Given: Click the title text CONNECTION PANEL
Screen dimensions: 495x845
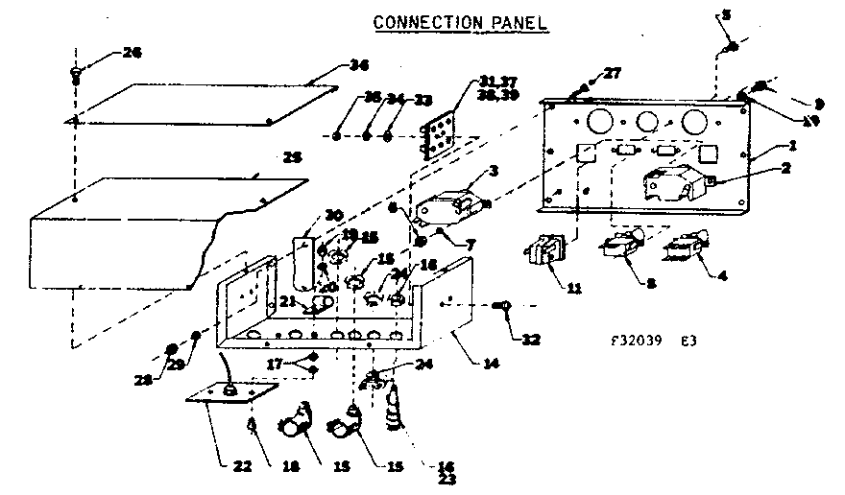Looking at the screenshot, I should click(x=460, y=21).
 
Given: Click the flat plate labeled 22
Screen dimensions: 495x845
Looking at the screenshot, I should click(x=229, y=398).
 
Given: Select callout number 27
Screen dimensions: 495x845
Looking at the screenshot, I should click(x=612, y=75).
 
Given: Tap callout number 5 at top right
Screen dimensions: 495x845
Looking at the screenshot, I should click(x=726, y=14).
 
